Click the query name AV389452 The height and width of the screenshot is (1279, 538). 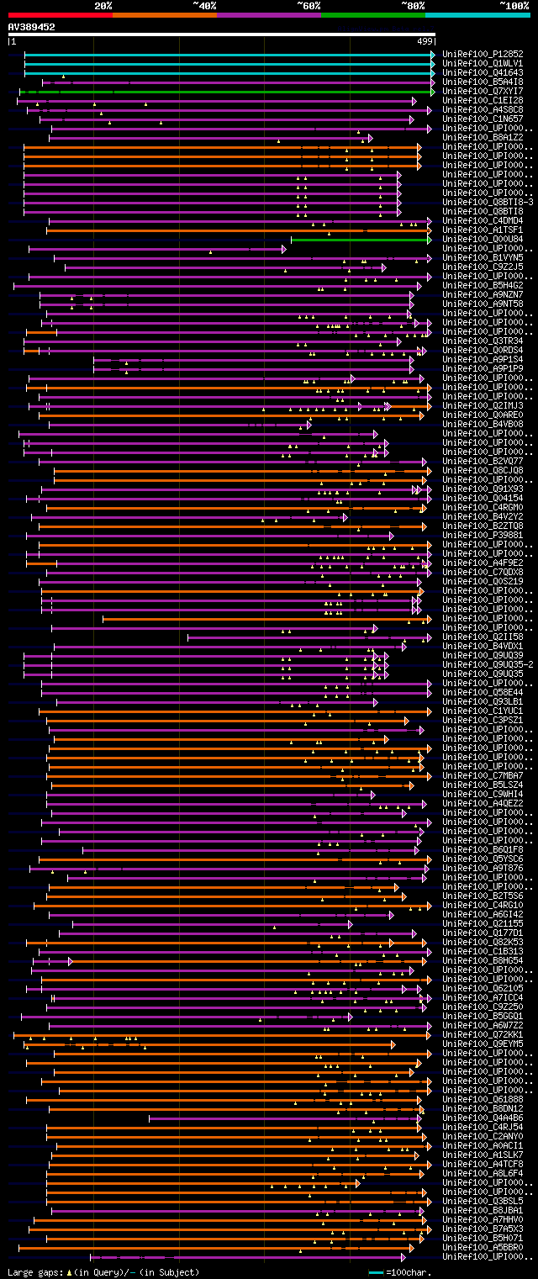pos(32,27)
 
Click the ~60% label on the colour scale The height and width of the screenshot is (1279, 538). pos(309,6)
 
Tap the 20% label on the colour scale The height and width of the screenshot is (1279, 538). pos(103,6)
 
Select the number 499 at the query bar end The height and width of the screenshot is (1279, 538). pos(425,40)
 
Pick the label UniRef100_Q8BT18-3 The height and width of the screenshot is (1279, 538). pos(486,202)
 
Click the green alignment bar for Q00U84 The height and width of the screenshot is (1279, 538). pos(361,239)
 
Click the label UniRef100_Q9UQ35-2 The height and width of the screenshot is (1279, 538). pos(486,664)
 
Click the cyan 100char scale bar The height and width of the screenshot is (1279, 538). pos(377,1272)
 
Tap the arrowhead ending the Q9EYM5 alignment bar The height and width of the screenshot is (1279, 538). pos(393,1044)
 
